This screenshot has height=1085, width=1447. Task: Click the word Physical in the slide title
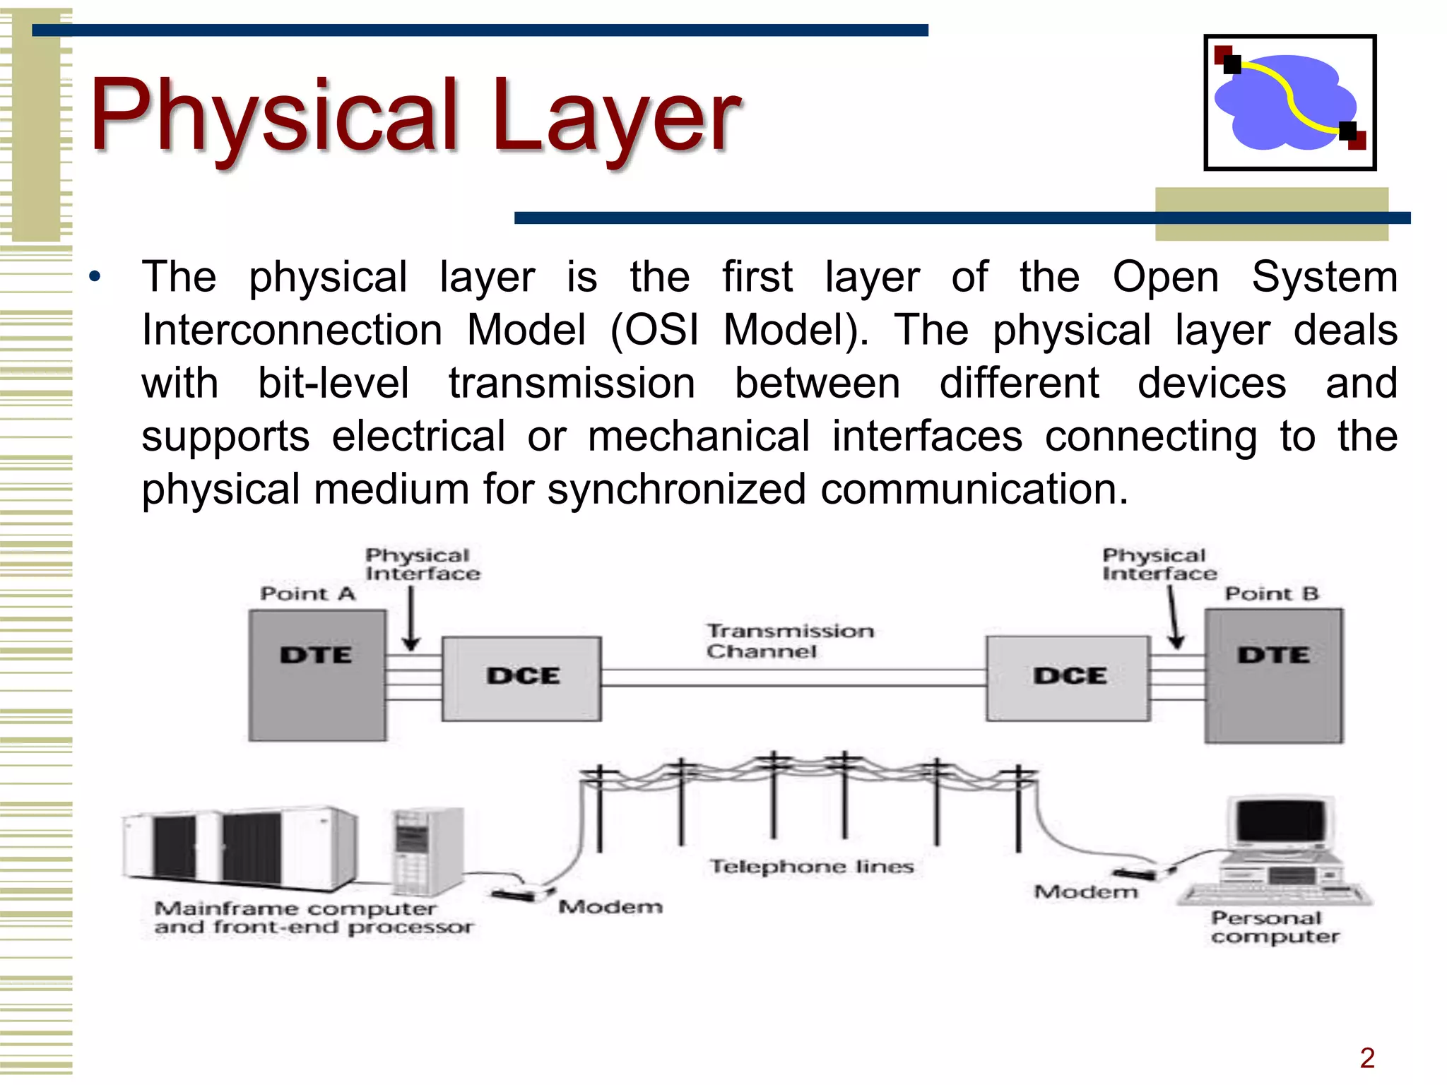[275, 117]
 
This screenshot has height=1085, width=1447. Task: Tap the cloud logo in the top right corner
[1289, 102]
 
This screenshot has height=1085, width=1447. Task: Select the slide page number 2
[1367, 1058]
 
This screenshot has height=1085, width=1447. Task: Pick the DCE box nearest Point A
[522, 678]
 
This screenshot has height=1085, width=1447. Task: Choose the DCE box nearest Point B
[1068, 678]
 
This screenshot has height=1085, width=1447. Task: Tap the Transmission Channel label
[789, 641]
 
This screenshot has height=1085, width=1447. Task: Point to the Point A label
[307, 593]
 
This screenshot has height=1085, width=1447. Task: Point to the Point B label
[1272, 593]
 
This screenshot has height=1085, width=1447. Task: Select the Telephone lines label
[812, 867]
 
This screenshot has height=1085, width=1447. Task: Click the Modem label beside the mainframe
[610, 906]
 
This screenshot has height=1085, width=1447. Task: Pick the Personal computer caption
[1274, 927]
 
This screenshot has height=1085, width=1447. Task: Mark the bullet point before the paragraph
[95, 276]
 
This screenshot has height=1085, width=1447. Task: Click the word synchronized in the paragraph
[676, 489]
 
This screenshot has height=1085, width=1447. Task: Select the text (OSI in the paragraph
[654, 330]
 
